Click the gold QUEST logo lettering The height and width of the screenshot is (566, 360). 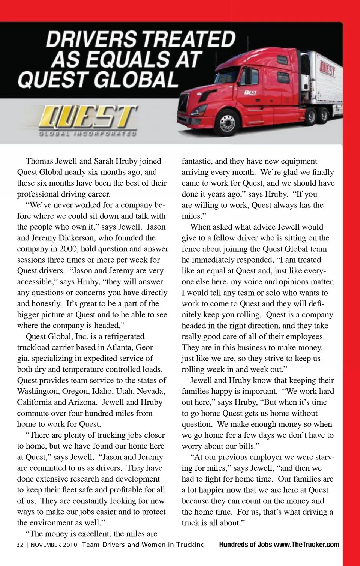click(x=88, y=117)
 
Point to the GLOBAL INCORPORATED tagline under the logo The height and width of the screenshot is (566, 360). click(x=87, y=133)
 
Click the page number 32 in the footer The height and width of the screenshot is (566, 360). click(x=20, y=545)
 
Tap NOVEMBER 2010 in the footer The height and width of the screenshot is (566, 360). click(x=54, y=545)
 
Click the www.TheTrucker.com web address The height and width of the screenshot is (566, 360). click(x=306, y=545)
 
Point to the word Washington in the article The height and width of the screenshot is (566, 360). click(x=37, y=391)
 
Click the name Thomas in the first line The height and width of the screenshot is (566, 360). click(x=39, y=161)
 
